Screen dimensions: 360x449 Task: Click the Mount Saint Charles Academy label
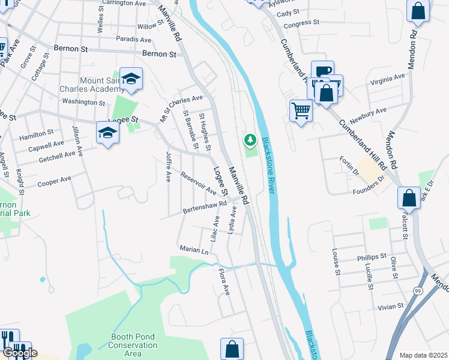(100, 85)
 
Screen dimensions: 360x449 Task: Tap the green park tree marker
(250, 140)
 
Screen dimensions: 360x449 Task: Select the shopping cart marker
(301, 110)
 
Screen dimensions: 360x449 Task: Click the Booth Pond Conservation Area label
(133, 345)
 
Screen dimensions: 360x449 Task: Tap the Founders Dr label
(368, 186)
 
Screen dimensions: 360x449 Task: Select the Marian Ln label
(193, 248)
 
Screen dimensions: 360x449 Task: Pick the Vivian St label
(391, 307)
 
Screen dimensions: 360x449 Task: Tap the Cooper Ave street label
(54, 182)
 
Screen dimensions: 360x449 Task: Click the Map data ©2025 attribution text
(423, 355)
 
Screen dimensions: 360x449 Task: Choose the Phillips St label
(372, 257)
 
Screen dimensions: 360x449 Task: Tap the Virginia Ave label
(387, 79)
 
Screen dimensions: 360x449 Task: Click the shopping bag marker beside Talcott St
(409, 197)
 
